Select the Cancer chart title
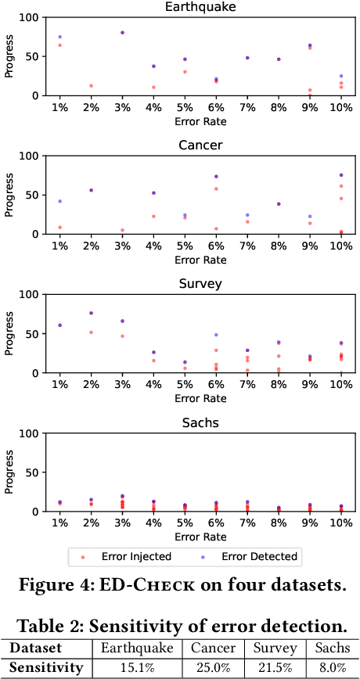pyautogui.click(x=200, y=145)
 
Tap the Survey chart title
pyautogui.click(x=200, y=283)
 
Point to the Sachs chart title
pyautogui.click(x=200, y=422)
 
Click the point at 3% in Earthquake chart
pyautogui.click(x=122, y=33)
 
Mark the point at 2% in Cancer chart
pyautogui.click(x=91, y=190)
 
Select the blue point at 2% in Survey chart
pyautogui.click(x=91, y=313)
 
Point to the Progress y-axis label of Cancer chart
pyautogui.click(x=9, y=194)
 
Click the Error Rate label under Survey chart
pyautogui.click(x=200, y=398)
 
